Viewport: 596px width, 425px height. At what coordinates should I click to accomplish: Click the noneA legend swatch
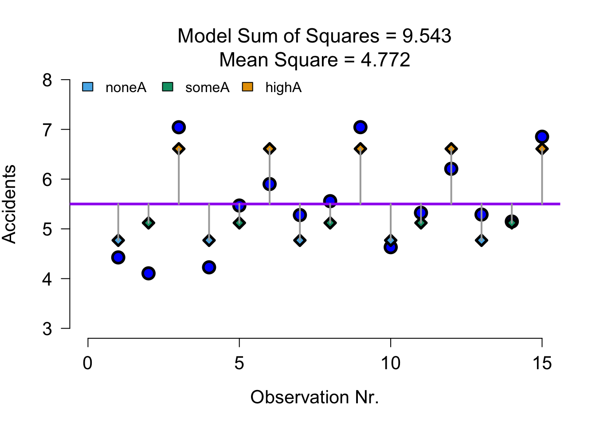click(x=88, y=87)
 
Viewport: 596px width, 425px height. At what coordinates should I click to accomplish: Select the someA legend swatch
click(x=168, y=87)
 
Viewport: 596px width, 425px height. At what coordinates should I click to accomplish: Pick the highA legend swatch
click(x=247, y=87)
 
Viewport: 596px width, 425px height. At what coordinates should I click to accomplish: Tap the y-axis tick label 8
click(x=47, y=81)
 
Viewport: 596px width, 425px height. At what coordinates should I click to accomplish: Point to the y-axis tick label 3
click(x=47, y=329)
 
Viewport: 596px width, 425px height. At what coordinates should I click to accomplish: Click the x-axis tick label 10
click(x=390, y=363)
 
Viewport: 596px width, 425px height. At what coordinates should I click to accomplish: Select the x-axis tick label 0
click(x=88, y=363)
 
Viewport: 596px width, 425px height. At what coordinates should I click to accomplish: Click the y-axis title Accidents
click(x=10, y=204)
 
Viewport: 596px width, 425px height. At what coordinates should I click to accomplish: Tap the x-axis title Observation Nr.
click(x=314, y=398)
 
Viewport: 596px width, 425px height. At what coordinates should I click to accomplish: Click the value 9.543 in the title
click(x=427, y=36)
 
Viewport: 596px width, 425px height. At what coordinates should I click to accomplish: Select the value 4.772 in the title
click(x=385, y=60)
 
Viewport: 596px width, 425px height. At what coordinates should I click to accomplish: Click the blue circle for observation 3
click(x=179, y=127)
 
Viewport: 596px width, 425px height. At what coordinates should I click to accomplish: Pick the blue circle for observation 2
click(x=149, y=273)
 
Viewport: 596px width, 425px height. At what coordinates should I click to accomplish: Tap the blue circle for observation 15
click(x=541, y=137)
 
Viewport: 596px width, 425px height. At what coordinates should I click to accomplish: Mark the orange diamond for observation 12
click(x=451, y=149)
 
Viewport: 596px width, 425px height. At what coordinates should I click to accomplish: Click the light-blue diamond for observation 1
click(x=118, y=240)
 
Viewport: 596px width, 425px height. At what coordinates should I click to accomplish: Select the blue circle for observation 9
click(x=360, y=127)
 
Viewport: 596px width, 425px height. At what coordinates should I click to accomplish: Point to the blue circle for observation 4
click(x=209, y=267)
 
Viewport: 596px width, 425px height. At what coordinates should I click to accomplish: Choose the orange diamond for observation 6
click(x=270, y=149)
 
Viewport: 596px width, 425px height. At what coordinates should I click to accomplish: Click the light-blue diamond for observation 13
click(x=481, y=240)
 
